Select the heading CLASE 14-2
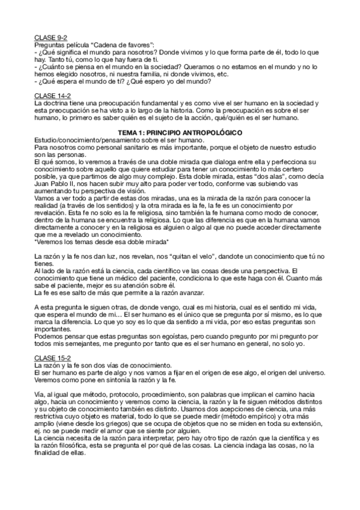pos(52,95)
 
